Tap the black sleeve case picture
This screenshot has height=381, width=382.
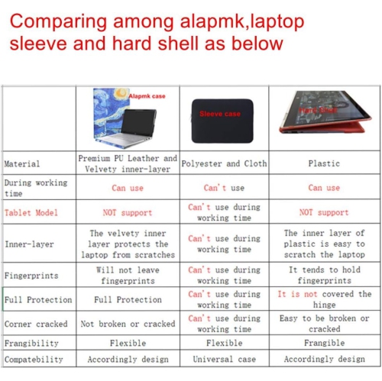click(x=220, y=114)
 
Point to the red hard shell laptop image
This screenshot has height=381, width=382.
click(x=325, y=118)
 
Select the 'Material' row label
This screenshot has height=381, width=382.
click(x=22, y=164)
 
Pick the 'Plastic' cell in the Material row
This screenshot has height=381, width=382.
click(x=324, y=163)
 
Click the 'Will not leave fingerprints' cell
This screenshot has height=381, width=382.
click(x=128, y=275)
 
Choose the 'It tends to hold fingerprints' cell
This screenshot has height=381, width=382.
click(x=324, y=275)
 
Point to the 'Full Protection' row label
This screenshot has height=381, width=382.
click(x=38, y=300)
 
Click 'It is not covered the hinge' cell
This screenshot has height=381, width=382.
click(x=324, y=299)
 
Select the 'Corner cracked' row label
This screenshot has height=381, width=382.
click(x=36, y=324)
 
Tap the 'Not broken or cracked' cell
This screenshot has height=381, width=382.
click(x=128, y=324)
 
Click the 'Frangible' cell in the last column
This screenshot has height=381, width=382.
click(x=324, y=343)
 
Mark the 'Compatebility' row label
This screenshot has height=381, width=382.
click(x=34, y=359)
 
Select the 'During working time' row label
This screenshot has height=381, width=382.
click(x=36, y=188)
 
